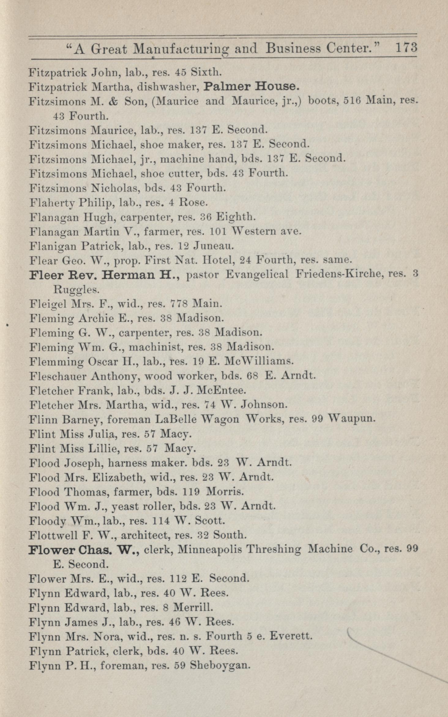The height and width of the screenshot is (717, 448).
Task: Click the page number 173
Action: [x=406, y=48]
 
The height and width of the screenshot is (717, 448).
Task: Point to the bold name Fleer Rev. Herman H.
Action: [x=103, y=275]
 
